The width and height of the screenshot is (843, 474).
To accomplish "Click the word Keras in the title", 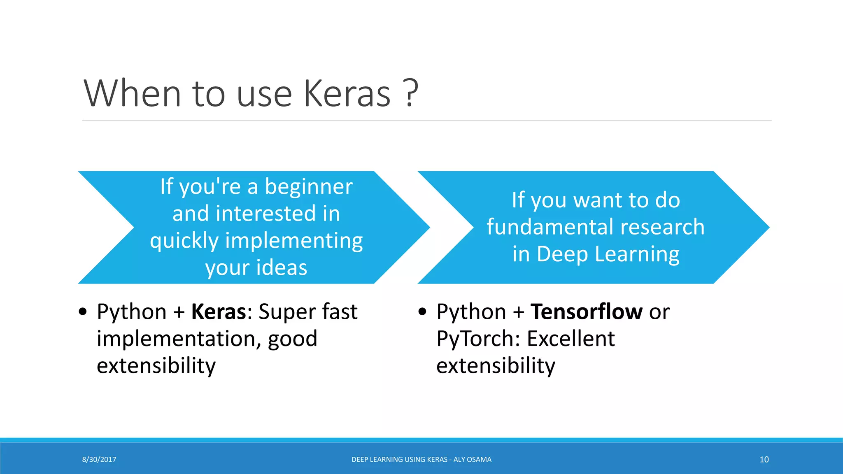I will click(347, 94).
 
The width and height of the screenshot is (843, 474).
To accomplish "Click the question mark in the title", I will click(410, 94).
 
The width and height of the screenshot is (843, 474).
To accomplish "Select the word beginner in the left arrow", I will click(308, 187).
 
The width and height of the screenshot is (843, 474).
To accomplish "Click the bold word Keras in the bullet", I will click(219, 312).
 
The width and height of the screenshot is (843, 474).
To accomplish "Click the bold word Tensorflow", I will click(586, 312).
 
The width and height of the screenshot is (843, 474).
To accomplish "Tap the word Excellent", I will click(571, 339).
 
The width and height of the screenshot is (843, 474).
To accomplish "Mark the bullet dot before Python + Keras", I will click(83, 312).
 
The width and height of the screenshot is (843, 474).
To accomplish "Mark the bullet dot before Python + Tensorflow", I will click(422, 312).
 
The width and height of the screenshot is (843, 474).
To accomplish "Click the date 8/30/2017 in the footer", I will click(99, 460).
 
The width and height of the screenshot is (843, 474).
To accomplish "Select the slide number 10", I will click(764, 460).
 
